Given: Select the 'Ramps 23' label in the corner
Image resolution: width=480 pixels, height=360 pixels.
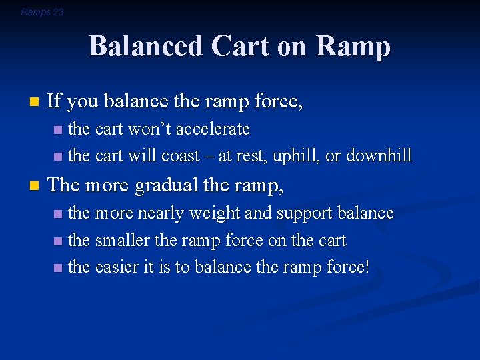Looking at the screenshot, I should (42, 12).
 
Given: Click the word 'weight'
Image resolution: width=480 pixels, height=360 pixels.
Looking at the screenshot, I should (215, 213).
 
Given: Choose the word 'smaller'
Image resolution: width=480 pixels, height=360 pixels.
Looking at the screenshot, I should (124, 241).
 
